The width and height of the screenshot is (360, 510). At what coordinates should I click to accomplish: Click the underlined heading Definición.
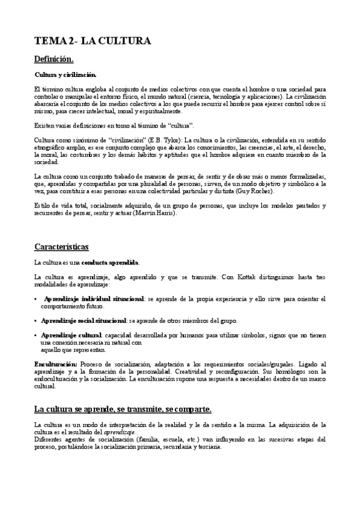click(53, 59)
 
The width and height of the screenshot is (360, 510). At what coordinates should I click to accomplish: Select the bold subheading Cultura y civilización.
click(65, 75)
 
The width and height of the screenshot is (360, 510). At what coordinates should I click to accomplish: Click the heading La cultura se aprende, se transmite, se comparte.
click(123, 409)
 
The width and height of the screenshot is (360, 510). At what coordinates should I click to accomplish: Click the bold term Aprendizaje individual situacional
click(94, 299)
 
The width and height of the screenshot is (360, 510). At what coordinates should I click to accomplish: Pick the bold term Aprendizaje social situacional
click(84, 321)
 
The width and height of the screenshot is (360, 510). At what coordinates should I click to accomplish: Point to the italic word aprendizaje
click(120, 432)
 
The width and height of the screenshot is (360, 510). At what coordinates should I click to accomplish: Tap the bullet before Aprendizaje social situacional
click(37, 321)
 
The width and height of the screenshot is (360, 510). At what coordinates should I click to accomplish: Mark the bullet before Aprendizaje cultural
click(37, 335)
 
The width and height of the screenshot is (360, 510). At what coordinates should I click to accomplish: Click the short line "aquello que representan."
click(73, 349)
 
